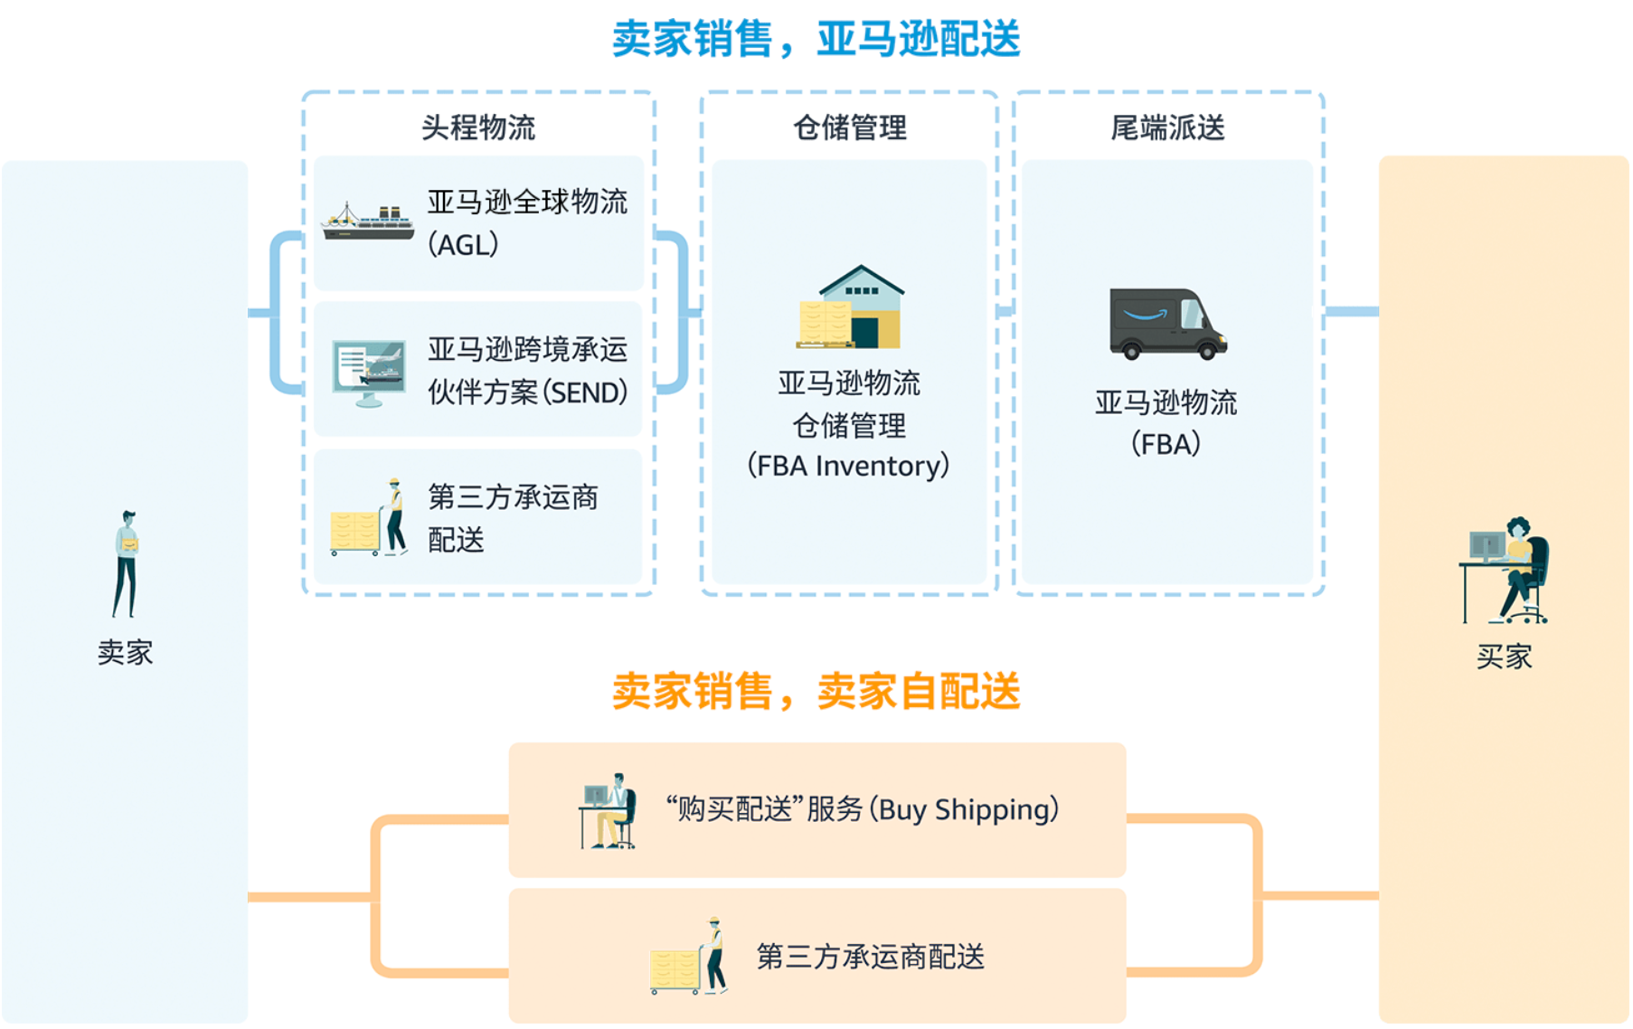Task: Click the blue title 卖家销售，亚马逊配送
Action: (816, 40)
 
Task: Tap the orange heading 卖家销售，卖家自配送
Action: (816, 692)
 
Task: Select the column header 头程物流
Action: (478, 127)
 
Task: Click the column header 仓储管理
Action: (850, 127)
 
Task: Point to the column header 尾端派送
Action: (1167, 127)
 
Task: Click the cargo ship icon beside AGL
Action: (367, 222)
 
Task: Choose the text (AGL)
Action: (463, 244)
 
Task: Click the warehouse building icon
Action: (850, 307)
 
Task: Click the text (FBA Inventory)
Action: (848, 466)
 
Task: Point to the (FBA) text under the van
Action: (1166, 444)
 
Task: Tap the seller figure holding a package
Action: (127, 563)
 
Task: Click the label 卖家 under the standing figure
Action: (126, 652)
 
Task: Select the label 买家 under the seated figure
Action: (1505, 656)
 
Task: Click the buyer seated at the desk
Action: (1505, 571)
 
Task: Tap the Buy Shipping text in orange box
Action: (862, 809)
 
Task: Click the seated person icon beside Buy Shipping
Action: (608, 811)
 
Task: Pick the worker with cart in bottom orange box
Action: (689, 956)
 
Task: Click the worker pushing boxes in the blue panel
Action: (369, 517)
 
